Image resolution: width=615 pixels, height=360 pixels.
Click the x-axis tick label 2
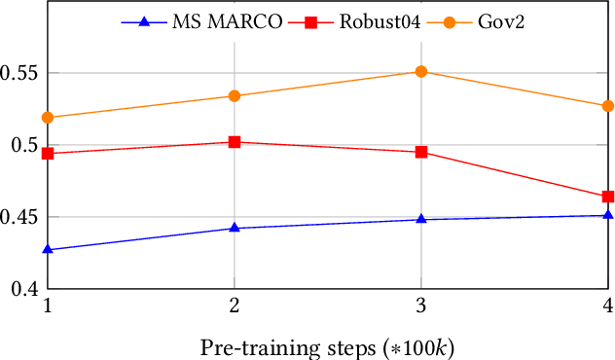[x=234, y=307]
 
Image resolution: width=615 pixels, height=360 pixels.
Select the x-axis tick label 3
[x=420, y=307]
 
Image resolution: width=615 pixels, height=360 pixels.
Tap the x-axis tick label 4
[x=607, y=307]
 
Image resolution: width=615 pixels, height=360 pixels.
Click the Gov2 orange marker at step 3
[x=421, y=72]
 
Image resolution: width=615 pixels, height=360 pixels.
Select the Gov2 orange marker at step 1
[x=48, y=118]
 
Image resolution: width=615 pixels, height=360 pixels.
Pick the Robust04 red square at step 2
[x=235, y=142]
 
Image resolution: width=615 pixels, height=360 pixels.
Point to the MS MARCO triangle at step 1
[x=48, y=250]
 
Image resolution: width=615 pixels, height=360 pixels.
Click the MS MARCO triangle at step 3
[x=421, y=219]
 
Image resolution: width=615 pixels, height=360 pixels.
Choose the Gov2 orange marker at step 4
[x=608, y=106]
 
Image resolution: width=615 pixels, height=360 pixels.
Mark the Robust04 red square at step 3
[x=421, y=152]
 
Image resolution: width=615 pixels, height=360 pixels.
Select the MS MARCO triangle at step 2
[x=235, y=228]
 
